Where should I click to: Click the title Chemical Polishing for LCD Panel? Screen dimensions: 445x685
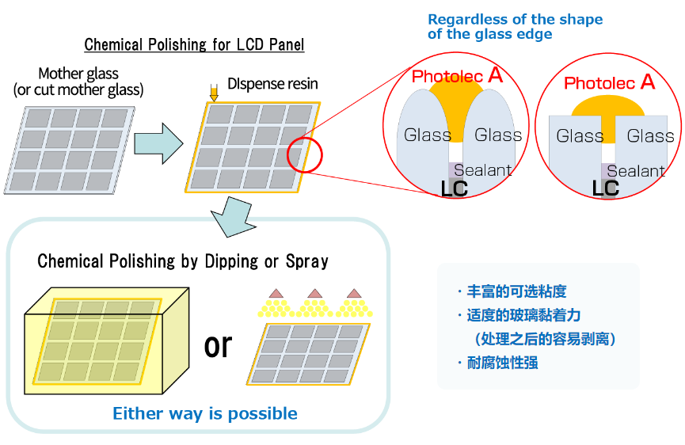pos(194,44)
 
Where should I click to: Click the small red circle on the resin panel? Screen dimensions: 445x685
pos(305,154)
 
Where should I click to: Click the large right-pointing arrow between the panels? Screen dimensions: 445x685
pos(158,143)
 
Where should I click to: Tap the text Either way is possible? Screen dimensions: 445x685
pos(205,413)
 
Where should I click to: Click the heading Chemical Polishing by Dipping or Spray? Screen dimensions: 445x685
pos(183,261)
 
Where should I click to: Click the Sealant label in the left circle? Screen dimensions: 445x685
pos(482,170)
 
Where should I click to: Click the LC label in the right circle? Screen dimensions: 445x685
pos(606,188)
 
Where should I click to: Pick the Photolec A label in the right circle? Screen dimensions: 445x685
pos(609,82)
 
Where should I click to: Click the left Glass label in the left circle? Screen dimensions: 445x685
pos(428,135)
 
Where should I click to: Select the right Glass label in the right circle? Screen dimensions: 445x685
pos(650,136)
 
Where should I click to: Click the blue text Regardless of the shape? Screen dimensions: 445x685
pos(515,19)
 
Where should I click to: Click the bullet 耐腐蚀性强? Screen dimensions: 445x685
pos(504,363)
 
